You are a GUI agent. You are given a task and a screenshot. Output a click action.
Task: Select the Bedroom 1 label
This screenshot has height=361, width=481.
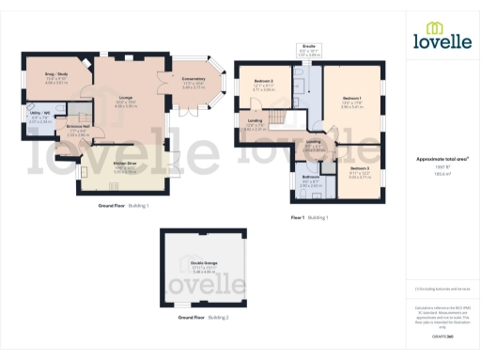(x=352, y=101)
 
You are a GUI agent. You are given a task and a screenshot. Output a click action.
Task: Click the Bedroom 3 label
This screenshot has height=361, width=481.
(x=359, y=143)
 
